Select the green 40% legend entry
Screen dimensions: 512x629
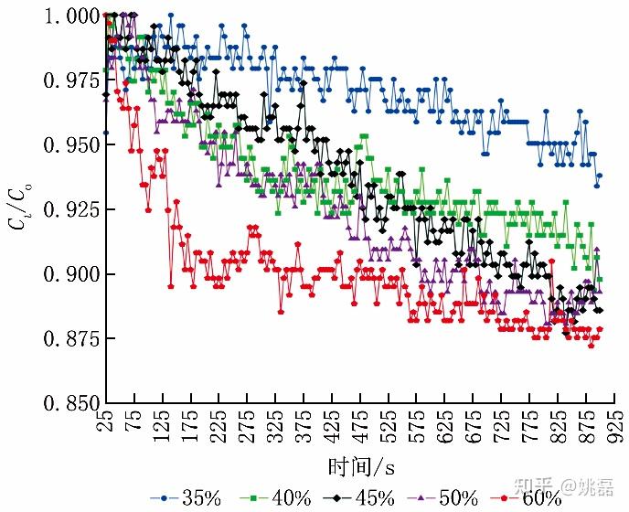277,498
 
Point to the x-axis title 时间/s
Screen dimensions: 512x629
361,466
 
